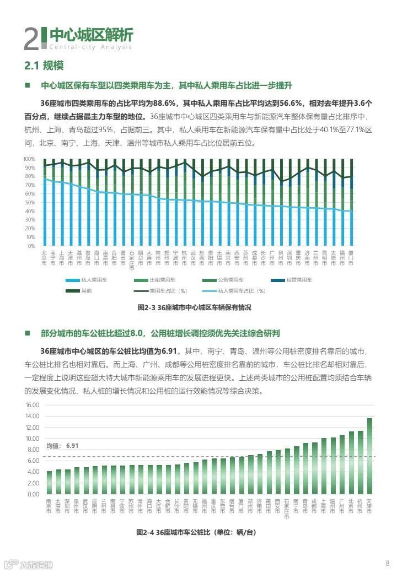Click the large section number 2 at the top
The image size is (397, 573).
point(31,39)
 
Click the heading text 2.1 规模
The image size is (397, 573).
point(44,66)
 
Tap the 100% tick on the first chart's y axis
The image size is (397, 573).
point(29,159)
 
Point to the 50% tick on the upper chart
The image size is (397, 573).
point(30,202)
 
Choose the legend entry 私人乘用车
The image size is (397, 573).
point(94,280)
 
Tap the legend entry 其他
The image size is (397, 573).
point(87,290)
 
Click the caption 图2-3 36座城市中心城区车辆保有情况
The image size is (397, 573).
point(194,307)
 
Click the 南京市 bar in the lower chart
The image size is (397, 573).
point(49,482)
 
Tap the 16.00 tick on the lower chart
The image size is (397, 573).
point(33,405)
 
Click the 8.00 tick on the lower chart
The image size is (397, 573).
point(34,450)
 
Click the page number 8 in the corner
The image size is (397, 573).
point(387,563)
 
